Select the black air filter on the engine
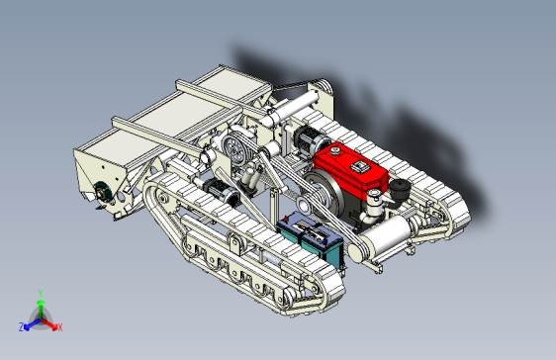coord(400,187)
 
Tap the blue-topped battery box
coord(312,237)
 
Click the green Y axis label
coord(40,292)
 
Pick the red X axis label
coord(59,326)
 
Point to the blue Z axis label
coord(21,326)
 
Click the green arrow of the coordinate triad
coord(40,306)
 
